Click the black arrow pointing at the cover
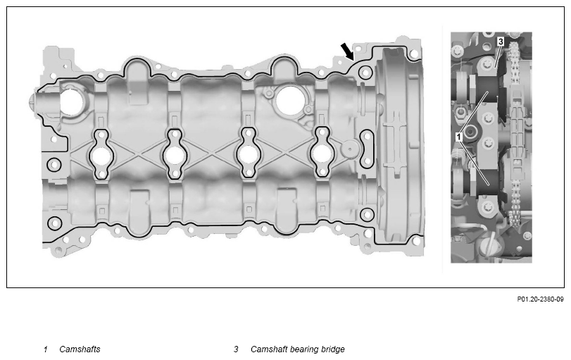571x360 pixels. pos(347,51)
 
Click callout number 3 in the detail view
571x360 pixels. pos(501,42)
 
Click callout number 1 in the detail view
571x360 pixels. pos(459,137)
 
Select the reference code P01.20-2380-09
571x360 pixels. pos(540,299)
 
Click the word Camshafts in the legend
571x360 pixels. pos(80,349)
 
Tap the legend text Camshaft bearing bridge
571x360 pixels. pos(298,349)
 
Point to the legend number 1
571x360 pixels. pos(46,349)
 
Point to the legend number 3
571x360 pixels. pos(236,349)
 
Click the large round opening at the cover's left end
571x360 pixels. pos(71,101)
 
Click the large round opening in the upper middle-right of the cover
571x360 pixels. pos(290,99)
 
